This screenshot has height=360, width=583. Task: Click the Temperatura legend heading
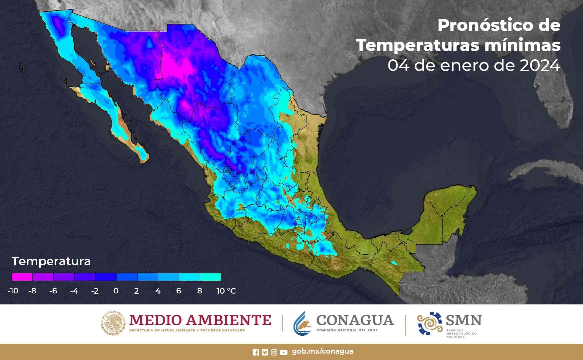51,261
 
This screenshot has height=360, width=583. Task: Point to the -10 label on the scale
13,291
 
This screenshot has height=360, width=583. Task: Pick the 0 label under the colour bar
116,291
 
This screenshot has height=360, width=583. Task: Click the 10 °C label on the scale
226,291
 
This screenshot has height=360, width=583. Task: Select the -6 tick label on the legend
53,291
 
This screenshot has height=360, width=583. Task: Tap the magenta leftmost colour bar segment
22,277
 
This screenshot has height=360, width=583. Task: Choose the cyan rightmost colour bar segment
210,277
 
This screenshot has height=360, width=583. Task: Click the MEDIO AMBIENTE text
200,320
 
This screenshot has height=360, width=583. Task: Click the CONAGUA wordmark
355,320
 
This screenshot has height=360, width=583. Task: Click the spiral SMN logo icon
429,323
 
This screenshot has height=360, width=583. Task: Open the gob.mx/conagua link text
322,351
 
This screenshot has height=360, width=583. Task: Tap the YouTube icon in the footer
284,352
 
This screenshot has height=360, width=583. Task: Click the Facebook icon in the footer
256,352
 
